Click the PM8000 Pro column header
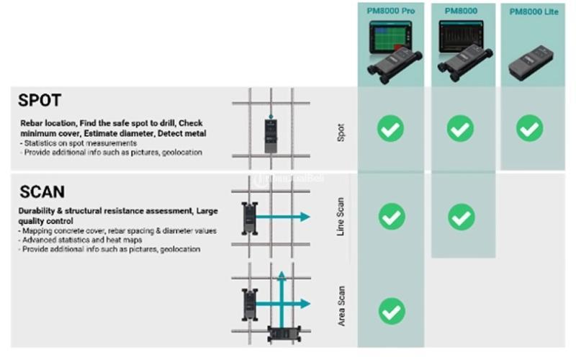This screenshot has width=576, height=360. [x=391, y=11]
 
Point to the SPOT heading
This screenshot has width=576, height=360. [x=40, y=100]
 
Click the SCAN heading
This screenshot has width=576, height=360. [x=42, y=192]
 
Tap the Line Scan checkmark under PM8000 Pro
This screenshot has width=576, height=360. [x=391, y=216]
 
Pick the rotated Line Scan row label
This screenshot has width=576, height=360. [x=341, y=216]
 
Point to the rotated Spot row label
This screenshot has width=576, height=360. [x=341, y=130]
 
